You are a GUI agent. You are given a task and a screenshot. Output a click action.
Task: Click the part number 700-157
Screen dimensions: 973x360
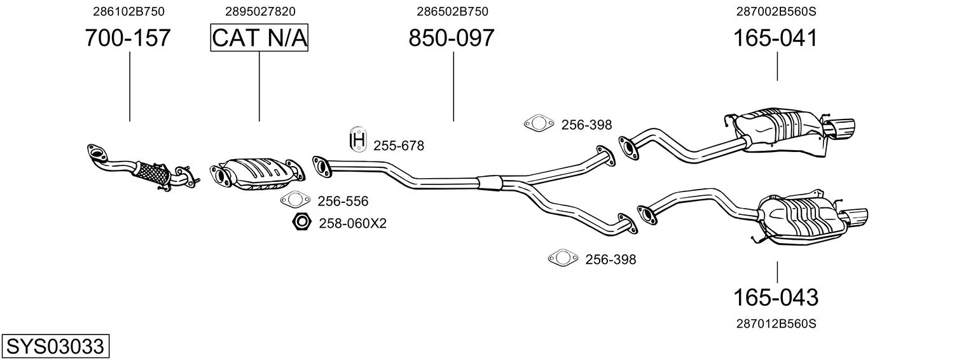tap(128, 38)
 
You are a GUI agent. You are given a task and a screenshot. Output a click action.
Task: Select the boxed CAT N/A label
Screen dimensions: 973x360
tap(259, 38)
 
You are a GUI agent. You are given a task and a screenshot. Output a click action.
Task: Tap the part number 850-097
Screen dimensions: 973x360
tap(452, 38)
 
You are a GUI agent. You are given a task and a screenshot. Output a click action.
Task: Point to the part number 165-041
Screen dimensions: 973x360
tap(775, 38)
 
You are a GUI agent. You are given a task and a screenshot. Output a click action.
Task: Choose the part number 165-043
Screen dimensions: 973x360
tap(776, 298)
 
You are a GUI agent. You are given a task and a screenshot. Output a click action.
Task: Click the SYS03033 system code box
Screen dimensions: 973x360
tap(55, 346)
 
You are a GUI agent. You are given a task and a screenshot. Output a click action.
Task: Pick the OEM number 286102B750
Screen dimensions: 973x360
tap(128, 11)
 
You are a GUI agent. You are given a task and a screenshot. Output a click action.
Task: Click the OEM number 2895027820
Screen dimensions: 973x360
tap(260, 11)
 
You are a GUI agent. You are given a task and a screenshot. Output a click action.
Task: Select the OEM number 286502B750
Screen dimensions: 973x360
tap(452, 11)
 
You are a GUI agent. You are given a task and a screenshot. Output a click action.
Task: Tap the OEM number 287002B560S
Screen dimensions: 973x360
tap(776, 11)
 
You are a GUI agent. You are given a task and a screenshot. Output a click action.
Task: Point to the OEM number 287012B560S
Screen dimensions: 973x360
tap(776, 324)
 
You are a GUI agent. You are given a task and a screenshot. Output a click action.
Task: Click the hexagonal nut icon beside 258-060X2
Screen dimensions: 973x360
tap(301, 222)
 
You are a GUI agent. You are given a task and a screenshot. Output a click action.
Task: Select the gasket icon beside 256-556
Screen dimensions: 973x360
tap(295, 200)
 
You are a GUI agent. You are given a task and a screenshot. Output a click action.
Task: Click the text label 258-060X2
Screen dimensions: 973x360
tap(353, 223)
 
